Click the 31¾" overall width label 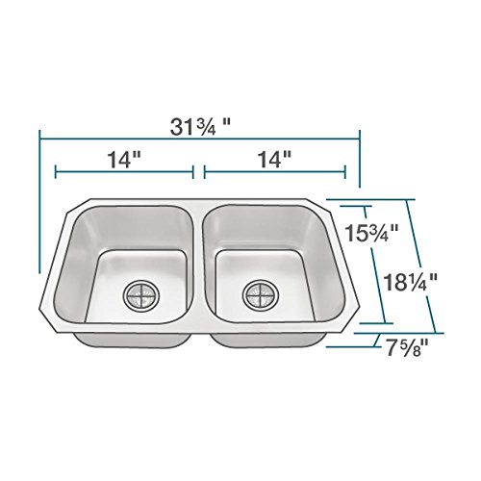pyautogui.click(x=199, y=127)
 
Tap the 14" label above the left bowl pyautogui.click(x=124, y=160)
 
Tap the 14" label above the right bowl pyautogui.click(x=274, y=160)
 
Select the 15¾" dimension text pyautogui.click(x=371, y=233)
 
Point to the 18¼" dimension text pyautogui.click(x=411, y=282)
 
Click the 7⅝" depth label pyautogui.click(x=407, y=348)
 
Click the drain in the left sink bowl pyautogui.click(x=141, y=295)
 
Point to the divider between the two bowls pyautogui.click(x=198, y=263)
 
